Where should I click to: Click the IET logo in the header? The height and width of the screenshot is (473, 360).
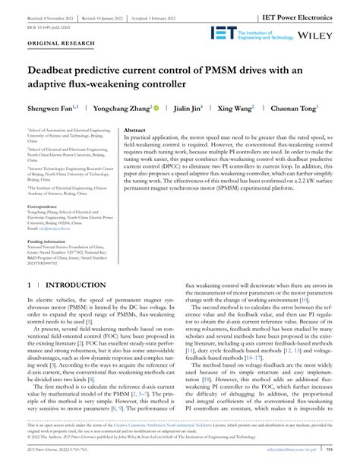pos(224,33)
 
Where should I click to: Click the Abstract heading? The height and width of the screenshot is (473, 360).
pos(134,131)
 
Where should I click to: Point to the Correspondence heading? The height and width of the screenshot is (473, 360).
pos(48,206)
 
